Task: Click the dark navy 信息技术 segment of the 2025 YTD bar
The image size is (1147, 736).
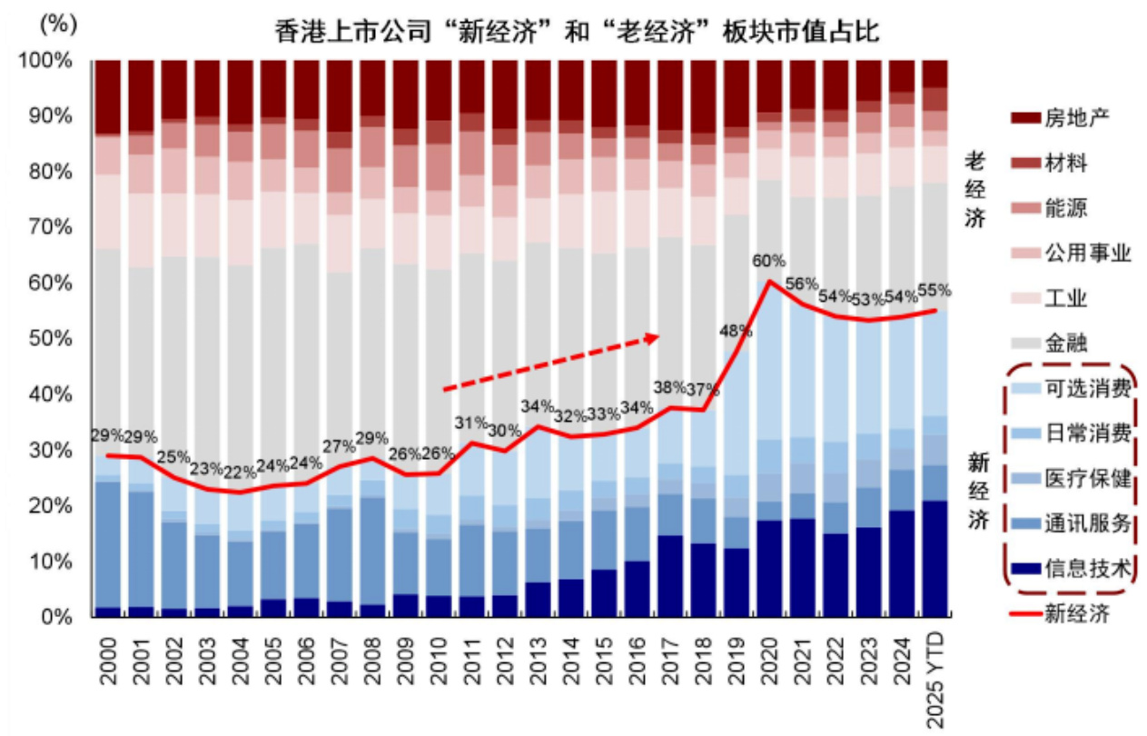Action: [935, 559]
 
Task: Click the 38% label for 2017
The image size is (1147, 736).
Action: [668, 386]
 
